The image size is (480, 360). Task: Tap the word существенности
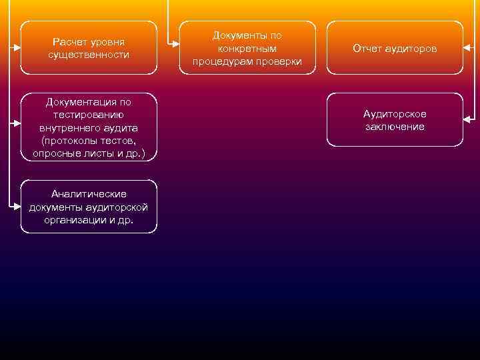click(89, 54)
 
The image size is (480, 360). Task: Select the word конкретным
click(247, 49)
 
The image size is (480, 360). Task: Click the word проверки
click(280, 61)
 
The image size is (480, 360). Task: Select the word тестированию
click(89, 114)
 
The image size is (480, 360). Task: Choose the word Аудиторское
click(395, 114)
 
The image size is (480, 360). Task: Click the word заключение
click(395, 127)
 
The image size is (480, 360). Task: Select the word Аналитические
click(89, 193)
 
